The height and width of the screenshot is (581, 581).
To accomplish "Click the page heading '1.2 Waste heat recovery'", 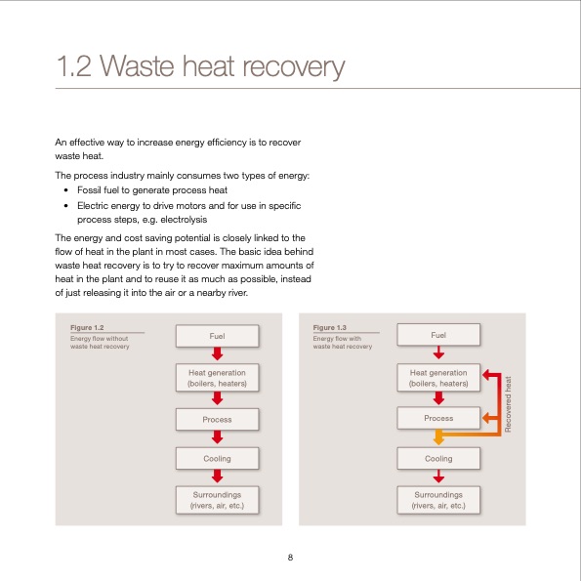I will pyautogui.click(x=200, y=67).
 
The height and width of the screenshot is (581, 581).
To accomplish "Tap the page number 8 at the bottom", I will pyautogui.click(x=290, y=558).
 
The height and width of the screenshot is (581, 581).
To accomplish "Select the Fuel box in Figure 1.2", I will pyautogui.click(x=217, y=335).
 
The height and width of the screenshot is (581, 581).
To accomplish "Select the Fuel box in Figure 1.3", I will pyautogui.click(x=438, y=335).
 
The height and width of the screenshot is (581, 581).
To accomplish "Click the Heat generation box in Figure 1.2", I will pyautogui.click(x=217, y=378).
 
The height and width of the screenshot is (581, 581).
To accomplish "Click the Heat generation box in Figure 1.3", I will pyautogui.click(x=438, y=378).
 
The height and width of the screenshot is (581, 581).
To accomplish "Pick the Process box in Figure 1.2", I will pyautogui.click(x=217, y=419).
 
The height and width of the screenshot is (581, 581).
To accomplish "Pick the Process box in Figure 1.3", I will pyautogui.click(x=438, y=419).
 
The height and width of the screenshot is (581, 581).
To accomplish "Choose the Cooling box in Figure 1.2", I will pyautogui.click(x=217, y=458).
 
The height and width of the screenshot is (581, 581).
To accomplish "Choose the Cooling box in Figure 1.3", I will pyautogui.click(x=438, y=458).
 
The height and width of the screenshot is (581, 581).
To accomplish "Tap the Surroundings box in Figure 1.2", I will pyautogui.click(x=217, y=500).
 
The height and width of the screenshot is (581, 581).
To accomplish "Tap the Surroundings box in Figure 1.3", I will pyautogui.click(x=438, y=500).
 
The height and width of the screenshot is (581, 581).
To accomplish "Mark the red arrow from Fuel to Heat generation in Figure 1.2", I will pyautogui.click(x=217, y=354).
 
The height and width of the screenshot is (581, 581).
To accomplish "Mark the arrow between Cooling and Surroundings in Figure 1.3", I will pyautogui.click(x=438, y=477).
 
